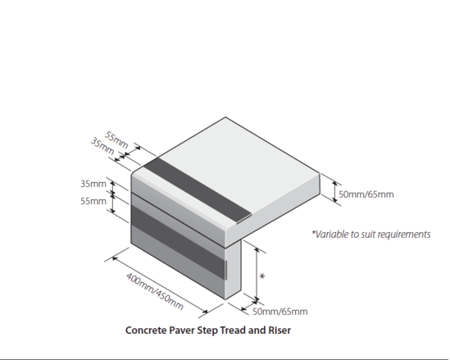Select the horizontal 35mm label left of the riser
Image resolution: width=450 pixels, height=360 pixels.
[94, 184]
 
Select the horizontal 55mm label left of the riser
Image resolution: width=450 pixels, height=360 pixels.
[94, 201]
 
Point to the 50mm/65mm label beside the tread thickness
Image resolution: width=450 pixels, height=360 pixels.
[366, 194]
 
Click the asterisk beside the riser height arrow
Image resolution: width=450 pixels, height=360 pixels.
[261, 276]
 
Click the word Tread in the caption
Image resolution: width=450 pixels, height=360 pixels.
[228, 331]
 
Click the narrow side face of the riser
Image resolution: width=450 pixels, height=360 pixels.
[237, 271]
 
